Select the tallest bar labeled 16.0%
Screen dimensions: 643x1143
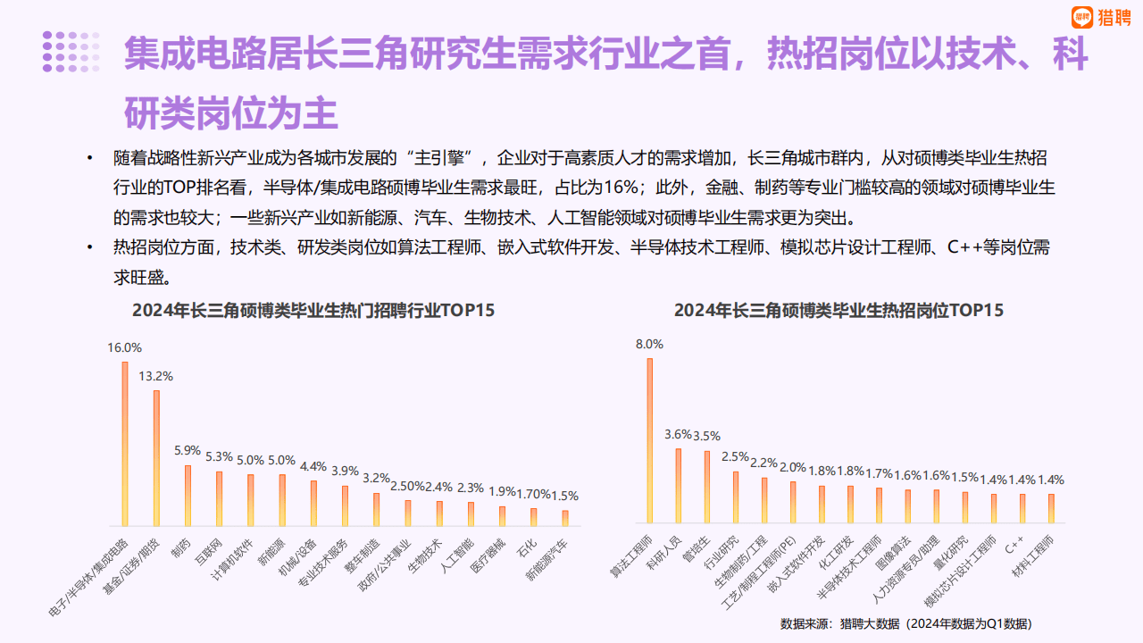click(x=125, y=444)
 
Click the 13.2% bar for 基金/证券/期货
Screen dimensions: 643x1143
click(x=156, y=458)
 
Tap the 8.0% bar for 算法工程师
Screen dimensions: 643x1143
click(x=649, y=440)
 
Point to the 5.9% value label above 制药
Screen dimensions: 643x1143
click(x=188, y=451)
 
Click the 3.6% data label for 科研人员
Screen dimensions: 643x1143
click(x=679, y=435)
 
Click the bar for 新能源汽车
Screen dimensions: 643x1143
click(x=565, y=518)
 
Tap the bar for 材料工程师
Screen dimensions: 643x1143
click(x=1051, y=508)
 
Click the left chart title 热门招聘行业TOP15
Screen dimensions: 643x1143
click(x=313, y=311)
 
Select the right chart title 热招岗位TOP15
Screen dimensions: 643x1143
click(x=838, y=311)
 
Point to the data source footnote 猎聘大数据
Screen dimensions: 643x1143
click(x=905, y=623)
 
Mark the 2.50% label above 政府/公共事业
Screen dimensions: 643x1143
click(x=407, y=486)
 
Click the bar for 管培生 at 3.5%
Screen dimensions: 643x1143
click(x=707, y=487)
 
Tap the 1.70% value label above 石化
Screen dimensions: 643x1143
click(x=533, y=494)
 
